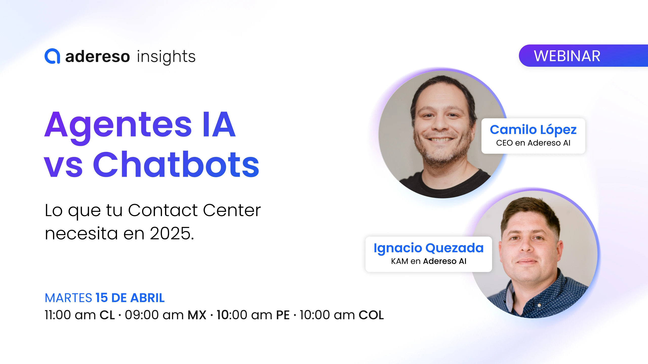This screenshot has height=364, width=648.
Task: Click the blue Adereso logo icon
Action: [x=52, y=56]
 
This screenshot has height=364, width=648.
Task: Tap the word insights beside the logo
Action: [x=166, y=57]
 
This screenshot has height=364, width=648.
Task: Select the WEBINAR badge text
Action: [x=567, y=56]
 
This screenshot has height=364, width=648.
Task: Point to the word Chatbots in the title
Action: [x=176, y=164]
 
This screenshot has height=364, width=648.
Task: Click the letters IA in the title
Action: [x=219, y=124]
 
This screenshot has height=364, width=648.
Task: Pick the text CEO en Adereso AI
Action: [x=533, y=143]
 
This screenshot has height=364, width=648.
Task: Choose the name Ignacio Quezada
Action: [x=429, y=248]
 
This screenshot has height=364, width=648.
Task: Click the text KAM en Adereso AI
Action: [x=429, y=261]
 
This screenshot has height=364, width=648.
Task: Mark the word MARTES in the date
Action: [x=68, y=298]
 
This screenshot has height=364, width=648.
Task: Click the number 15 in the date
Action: [x=102, y=298]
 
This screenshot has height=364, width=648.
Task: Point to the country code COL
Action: [x=371, y=315]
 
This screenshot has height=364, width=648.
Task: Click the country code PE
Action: [x=283, y=315]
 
